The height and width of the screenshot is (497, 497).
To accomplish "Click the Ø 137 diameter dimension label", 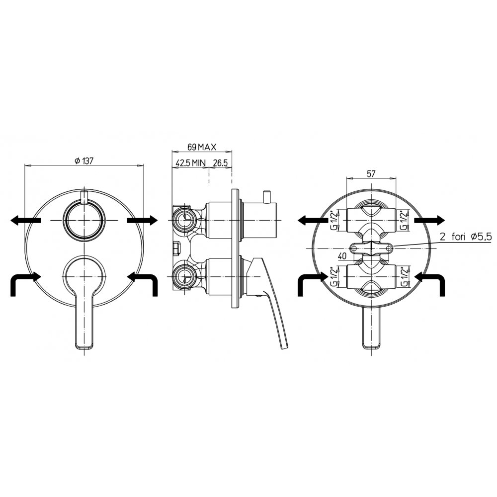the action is point(84,161).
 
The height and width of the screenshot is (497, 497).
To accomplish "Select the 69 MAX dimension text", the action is point(202,147).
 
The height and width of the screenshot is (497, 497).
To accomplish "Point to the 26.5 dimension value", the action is point(220,163).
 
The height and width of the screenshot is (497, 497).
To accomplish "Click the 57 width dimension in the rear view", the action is point(371,173).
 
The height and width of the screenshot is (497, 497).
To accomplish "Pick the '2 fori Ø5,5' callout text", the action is point(465,237).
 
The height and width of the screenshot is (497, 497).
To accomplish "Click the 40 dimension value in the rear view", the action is point(342,256).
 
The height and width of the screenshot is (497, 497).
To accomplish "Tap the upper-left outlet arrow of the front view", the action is point(25,220).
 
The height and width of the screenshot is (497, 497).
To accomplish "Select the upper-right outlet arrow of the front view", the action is point(142,220).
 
